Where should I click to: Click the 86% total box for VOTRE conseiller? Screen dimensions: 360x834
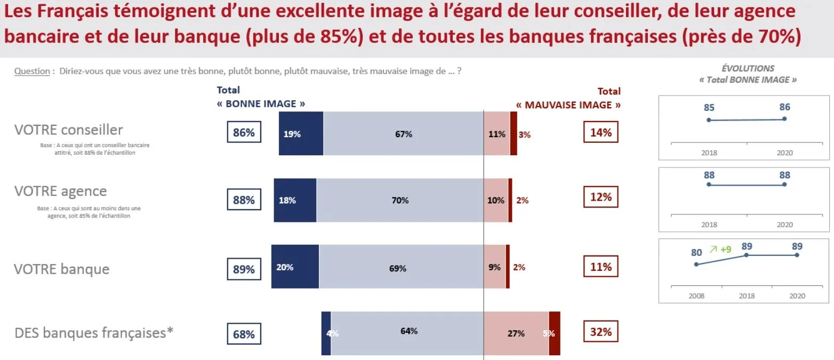[x=244, y=133]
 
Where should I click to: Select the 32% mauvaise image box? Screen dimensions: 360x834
[x=601, y=332]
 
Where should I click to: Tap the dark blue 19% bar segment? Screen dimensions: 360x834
[x=301, y=134]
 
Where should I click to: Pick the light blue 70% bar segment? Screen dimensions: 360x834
[x=399, y=200]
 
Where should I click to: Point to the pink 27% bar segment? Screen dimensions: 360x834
[x=516, y=333]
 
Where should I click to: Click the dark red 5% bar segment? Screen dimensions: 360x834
[x=554, y=333]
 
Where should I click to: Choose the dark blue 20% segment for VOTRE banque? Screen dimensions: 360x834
[x=295, y=267]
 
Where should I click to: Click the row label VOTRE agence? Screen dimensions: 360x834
[x=61, y=191]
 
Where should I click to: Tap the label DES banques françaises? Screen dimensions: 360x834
[x=94, y=332]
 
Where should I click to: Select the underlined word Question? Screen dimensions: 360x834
[x=32, y=71]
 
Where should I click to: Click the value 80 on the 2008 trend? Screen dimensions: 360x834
[x=696, y=252]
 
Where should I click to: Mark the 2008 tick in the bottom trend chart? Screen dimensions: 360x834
[x=696, y=296]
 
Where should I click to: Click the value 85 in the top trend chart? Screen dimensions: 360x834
[x=709, y=108]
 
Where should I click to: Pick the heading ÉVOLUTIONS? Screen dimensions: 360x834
[x=748, y=68]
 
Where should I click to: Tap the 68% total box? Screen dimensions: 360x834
[x=244, y=334]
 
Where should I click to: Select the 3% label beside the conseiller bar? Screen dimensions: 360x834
[x=524, y=135]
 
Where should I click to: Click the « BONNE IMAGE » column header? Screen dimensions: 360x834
[x=261, y=104]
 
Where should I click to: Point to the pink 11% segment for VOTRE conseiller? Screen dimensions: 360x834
[x=496, y=134]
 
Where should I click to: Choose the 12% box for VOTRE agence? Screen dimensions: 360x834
[x=601, y=197]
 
